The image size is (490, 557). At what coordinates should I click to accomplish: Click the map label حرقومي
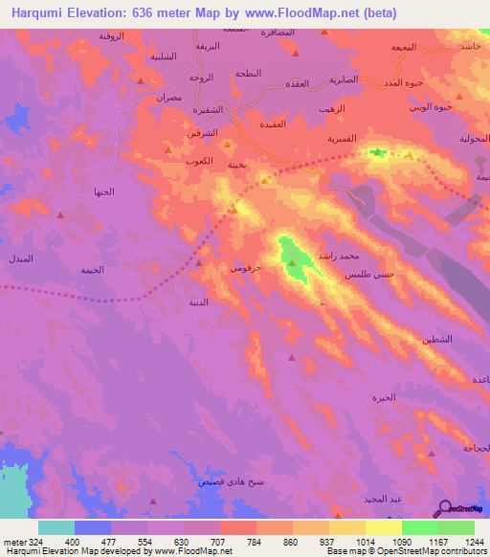(244, 269)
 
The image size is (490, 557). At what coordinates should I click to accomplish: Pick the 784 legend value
(256, 541)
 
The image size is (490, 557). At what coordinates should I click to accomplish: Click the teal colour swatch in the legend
(56, 527)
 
